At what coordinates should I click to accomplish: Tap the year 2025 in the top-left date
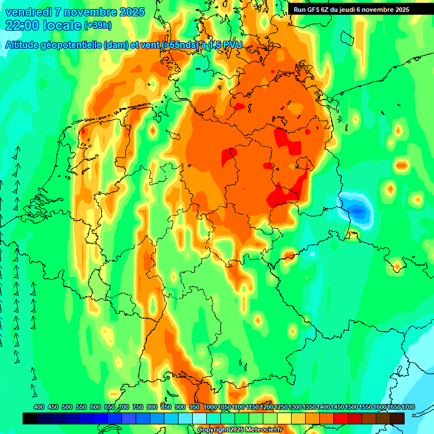(131, 12)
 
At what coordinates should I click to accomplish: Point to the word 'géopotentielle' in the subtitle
(73, 45)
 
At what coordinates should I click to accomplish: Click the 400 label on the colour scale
(39, 407)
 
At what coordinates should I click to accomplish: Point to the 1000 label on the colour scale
(210, 407)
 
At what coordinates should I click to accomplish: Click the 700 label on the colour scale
(124, 407)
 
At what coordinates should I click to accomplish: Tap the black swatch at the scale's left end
(30, 418)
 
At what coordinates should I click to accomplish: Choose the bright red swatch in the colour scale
(341, 418)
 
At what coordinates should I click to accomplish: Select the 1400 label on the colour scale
(323, 407)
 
